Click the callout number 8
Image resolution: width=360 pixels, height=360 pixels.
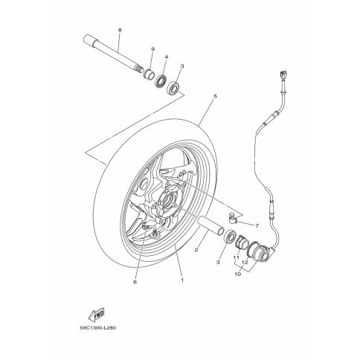point(120,30)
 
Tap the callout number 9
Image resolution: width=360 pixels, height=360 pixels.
point(152,49)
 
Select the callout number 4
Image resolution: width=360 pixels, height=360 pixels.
point(167,57)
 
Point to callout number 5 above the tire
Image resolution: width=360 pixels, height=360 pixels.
point(215,96)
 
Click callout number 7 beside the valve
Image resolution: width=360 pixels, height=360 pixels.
point(257,225)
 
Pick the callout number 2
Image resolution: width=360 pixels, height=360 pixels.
point(196,250)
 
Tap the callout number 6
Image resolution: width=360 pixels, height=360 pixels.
point(135,282)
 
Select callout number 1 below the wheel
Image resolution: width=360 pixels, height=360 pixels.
point(182,280)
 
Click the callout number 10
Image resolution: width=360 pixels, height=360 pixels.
point(237,274)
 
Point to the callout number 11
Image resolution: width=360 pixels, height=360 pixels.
point(236,257)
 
